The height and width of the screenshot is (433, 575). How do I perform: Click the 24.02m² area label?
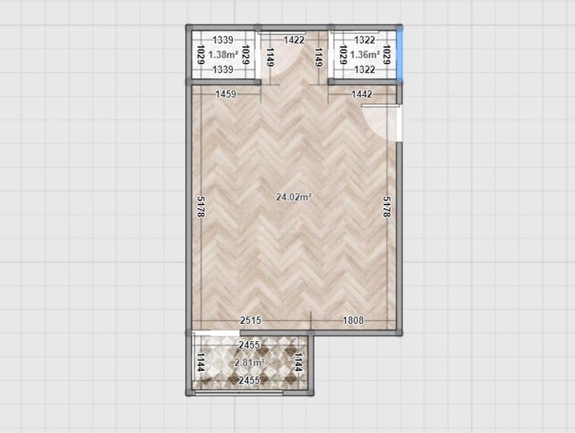pyautogui.click(x=294, y=197)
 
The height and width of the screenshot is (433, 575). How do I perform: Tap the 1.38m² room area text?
pyautogui.click(x=223, y=55)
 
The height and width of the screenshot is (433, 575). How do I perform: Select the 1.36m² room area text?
pyautogui.click(x=365, y=55)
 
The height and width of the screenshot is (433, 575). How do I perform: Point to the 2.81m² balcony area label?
pyautogui.click(x=250, y=362)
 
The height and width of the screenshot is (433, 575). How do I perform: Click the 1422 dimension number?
pyautogui.click(x=294, y=40)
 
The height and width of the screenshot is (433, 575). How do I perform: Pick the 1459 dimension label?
pyautogui.click(x=226, y=94)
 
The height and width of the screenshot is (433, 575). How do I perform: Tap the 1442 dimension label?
pyautogui.click(x=362, y=94)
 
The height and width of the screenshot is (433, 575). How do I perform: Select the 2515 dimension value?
pyautogui.click(x=250, y=320)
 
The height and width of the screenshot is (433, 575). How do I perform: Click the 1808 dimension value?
pyautogui.click(x=353, y=320)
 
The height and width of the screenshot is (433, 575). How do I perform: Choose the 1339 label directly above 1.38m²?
pyautogui.click(x=223, y=40)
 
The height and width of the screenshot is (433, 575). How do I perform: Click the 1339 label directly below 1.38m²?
pyautogui.click(x=223, y=69)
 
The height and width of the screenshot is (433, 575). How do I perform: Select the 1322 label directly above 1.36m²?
pyautogui.click(x=365, y=40)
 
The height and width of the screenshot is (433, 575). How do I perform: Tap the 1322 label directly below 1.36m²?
pyautogui.click(x=365, y=69)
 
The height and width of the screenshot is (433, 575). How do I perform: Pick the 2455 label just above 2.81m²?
pyautogui.click(x=250, y=345)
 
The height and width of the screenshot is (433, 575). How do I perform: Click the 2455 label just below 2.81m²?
pyautogui.click(x=250, y=380)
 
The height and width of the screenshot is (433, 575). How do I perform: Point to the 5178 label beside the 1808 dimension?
pyautogui.click(x=386, y=207)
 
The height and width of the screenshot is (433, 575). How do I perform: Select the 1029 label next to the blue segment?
pyautogui.click(x=386, y=55)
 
